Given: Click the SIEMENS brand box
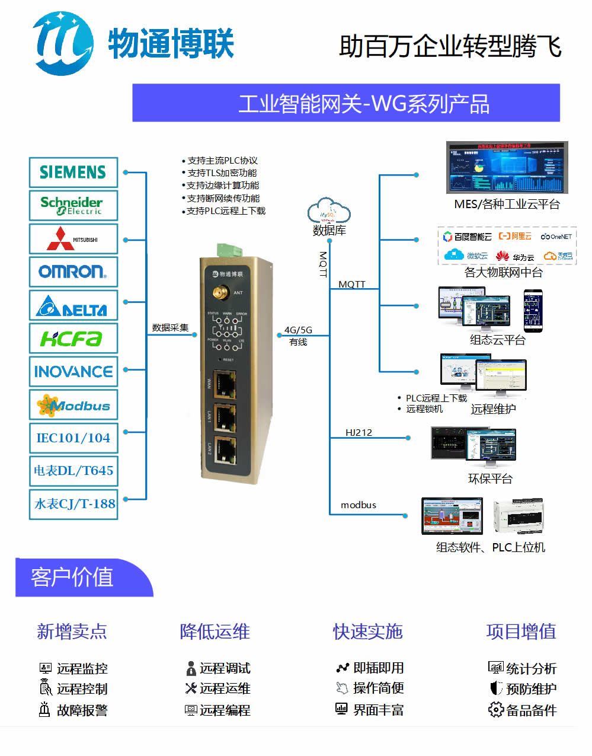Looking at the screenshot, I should pyautogui.click(x=73, y=173).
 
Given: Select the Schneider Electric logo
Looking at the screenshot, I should pyautogui.click(x=73, y=206).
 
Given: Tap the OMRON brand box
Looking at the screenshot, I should pyautogui.click(x=73, y=272).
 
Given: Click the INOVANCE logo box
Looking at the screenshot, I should pyautogui.click(x=73, y=372).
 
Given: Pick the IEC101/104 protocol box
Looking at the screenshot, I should pyautogui.click(x=73, y=438).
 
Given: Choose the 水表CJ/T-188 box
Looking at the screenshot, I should pyautogui.click(x=73, y=504).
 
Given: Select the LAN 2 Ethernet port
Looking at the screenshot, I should pyautogui.click(x=225, y=451).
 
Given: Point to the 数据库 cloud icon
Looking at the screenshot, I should pyautogui.click(x=329, y=212).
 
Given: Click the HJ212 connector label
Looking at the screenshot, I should pyautogui.click(x=359, y=432).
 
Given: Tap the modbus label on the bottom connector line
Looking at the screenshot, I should pyautogui.click(x=359, y=505).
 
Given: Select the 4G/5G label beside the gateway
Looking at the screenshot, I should pyautogui.click(x=298, y=330).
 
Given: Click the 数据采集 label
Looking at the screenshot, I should pyautogui.click(x=170, y=327).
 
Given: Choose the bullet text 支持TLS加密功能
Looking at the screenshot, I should pyautogui.click(x=222, y=173).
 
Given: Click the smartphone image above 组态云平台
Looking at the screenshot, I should pyautogui.click(x=532, y=310).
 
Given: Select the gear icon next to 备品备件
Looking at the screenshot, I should pyautogui.click(x=495, y=709).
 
